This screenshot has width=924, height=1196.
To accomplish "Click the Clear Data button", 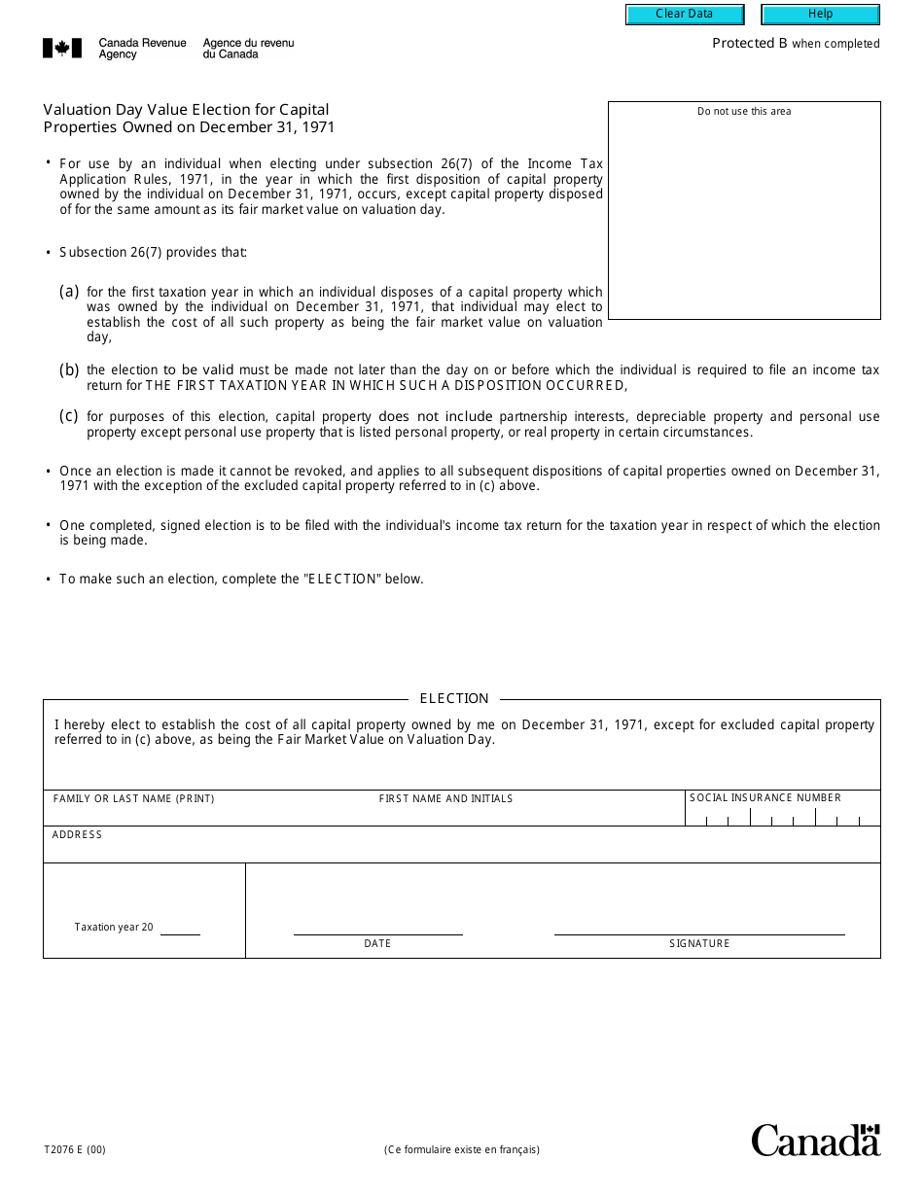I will [685, 15].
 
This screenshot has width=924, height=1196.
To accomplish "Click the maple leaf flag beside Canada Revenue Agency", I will [61, 49].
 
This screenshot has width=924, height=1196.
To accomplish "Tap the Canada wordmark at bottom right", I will [815, 1140].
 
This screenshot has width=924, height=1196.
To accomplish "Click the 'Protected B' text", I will [749, 43].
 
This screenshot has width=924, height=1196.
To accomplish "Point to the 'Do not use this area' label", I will [744, 112].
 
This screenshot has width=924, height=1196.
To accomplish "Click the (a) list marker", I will [69, 291].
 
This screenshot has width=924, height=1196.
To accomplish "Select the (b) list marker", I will [69, 369].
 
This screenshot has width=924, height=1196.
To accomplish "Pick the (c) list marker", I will [69, 416].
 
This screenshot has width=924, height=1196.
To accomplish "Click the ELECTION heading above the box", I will [454, 698].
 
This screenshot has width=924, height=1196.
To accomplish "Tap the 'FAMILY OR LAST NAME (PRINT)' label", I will [134, 799].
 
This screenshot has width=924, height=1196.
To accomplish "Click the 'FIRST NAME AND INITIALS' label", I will [445, 799].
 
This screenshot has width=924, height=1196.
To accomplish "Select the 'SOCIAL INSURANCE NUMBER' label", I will [765, 798].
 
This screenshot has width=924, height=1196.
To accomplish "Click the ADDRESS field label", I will [77, 835].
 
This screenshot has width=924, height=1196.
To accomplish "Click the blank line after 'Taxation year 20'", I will [180, 930].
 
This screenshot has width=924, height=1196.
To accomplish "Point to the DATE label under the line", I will [377, 944].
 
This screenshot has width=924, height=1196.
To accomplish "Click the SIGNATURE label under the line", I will [699, 944].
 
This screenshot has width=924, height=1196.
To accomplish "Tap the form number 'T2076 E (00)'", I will [75, 1149].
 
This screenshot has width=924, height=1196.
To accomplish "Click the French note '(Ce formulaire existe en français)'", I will [461, 1149].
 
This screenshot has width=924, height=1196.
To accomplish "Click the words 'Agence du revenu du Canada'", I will [248, 49].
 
